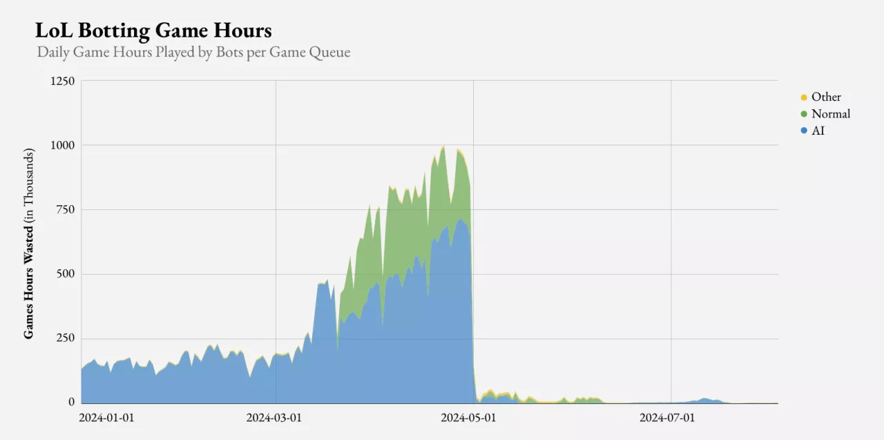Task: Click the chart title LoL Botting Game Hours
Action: point(153,31)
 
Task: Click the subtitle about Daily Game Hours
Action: point(193,52)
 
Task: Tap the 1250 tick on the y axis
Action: point(62,81)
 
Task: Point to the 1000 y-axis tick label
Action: point(62,145)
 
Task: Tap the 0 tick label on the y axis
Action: point(71,402)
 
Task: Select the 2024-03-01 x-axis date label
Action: point(274,418)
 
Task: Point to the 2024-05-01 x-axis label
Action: point(468,418)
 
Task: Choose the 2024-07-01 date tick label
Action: point(667,418)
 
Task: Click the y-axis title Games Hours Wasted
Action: point(29,243)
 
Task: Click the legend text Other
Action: point(826,97)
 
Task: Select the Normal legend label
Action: point(831,114)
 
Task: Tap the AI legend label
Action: point(818,130)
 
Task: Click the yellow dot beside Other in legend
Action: point(804,97)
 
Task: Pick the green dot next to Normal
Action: point(804,114)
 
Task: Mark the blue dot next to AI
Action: point(804,131)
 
